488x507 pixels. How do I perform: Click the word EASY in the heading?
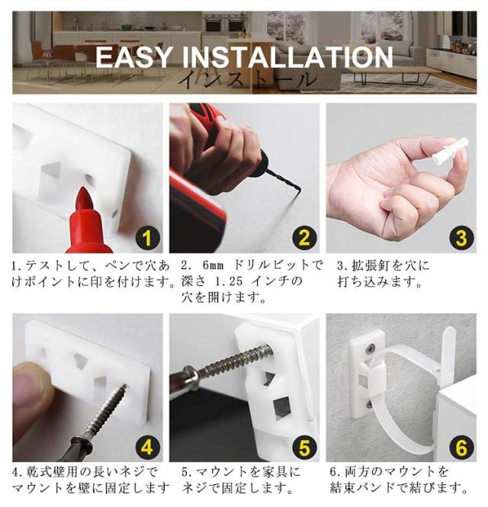coord(133,57)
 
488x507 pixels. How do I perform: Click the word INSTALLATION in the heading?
coord(287,57)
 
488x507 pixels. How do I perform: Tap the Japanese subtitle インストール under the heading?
coord(246,79)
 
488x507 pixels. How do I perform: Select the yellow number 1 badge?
coord(147,239)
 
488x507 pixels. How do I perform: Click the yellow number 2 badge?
coord(304,239)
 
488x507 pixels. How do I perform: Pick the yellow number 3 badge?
coord(461,239)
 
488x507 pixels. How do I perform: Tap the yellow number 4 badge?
coord(147,448)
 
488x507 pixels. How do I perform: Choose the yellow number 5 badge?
coord(304,448)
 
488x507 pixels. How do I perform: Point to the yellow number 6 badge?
coord(461,448)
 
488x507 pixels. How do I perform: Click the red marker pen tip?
coord(84,198)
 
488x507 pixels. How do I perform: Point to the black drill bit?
coord(286,181)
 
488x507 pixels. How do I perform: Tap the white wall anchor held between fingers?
coord(448,149)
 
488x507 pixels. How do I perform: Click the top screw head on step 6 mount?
coord(371,348)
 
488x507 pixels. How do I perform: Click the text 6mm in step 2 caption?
coord(213,266)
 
